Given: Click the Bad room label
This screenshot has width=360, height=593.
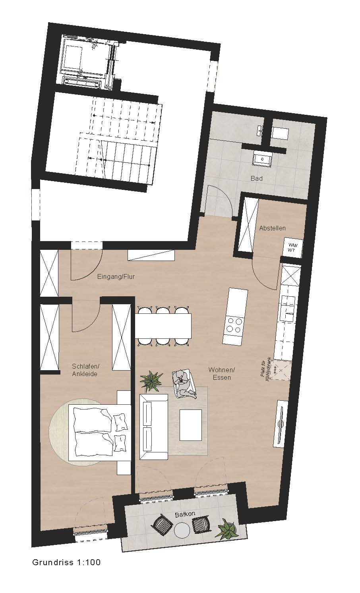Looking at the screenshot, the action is [256, 178].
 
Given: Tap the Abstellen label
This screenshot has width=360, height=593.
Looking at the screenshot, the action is [272, 228].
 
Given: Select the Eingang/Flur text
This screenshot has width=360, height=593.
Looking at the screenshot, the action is [116, 277].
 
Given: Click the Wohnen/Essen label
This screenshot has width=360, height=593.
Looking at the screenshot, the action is [222, 373].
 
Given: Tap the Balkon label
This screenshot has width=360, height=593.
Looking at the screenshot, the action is [185, 514].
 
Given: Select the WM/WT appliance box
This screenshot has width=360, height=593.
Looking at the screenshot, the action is [292, 247].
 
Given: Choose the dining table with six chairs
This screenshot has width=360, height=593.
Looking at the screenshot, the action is [163, 326].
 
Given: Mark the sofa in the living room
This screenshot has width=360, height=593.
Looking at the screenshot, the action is [154, 427].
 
